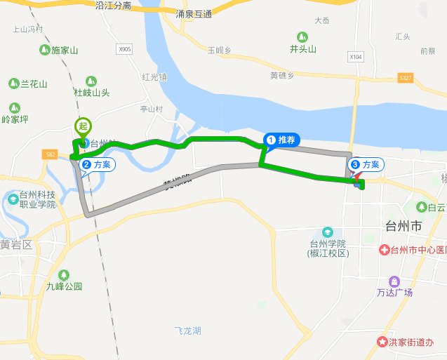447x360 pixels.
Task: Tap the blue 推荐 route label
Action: pyautogui.click(x=281, y=140)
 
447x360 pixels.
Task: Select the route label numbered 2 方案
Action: pyautogui.click(x=97, y=164)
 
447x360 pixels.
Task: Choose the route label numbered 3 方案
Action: pyautogui.click(x=366, y=164)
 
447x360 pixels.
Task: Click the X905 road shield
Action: pyautogui.click(x=125, y=49)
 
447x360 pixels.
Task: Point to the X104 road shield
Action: pyautogui.click(x=356, y=56)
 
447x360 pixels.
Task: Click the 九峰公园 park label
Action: pyautogui.click(x=65, y=286)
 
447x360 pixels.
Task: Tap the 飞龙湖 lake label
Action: pyautogui.click(x=188, y=330)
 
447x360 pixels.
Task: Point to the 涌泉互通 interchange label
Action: pyautogui.click(x=194, y=13)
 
